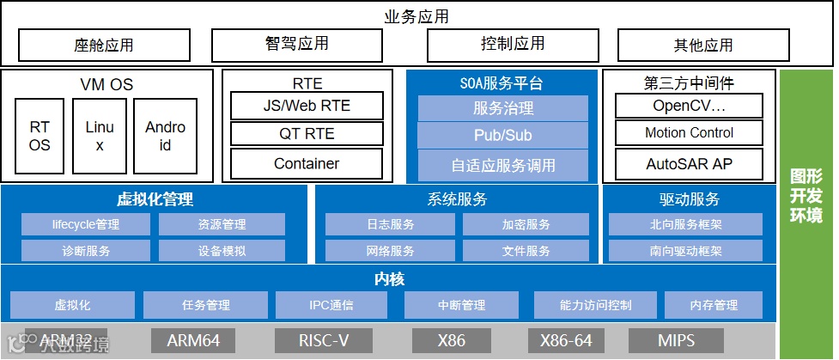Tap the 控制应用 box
513,44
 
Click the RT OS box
40,137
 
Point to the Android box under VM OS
165,137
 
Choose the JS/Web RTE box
307,107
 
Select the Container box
307,163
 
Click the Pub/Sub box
502,136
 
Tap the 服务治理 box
502,108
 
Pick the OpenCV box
689,106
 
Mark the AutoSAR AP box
689,163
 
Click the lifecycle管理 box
86,225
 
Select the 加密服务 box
526,225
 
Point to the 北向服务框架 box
685,225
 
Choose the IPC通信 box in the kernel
331,305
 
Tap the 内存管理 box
714,305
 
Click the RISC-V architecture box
324,341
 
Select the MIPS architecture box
676,341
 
